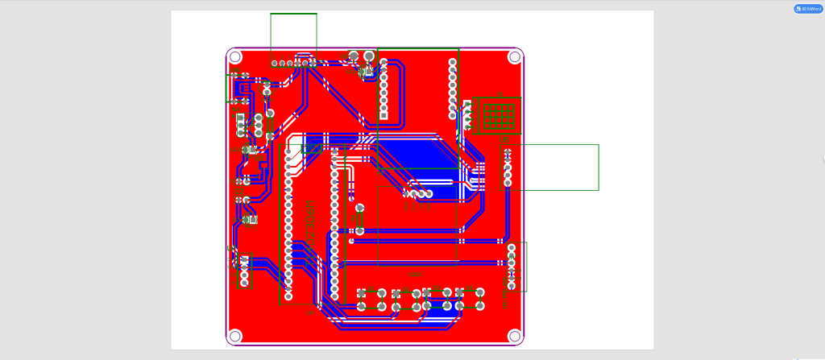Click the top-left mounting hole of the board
pos(235,57)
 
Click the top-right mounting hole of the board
pos(514,57)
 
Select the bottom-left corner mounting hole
pos(235,335)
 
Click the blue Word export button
pos(808,9)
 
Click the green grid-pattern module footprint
pos(499,115)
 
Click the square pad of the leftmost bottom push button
pos(362,292)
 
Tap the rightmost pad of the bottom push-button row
pos(480,306)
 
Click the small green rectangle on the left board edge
pos(230,88)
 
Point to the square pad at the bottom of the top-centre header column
pos(383,115)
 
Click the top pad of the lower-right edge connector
pos(512,248)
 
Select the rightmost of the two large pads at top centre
pos(369,56)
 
